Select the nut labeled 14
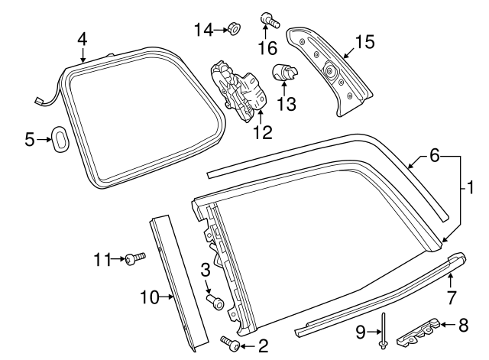tap(235, 30)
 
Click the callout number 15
tap(364, 42)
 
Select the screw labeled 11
tap(136, 259)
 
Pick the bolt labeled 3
tap(215, 303)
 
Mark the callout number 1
tap(471, 186)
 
